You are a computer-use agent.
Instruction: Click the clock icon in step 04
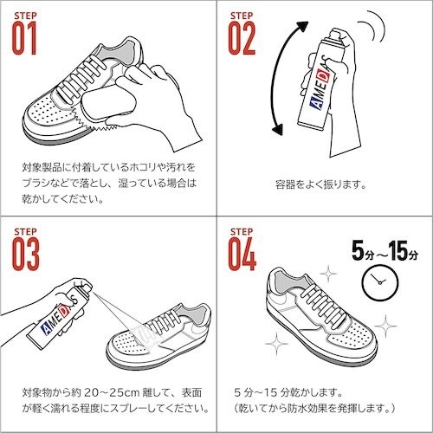click(375, 279)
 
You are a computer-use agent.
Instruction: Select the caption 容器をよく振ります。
click(322, 184)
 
